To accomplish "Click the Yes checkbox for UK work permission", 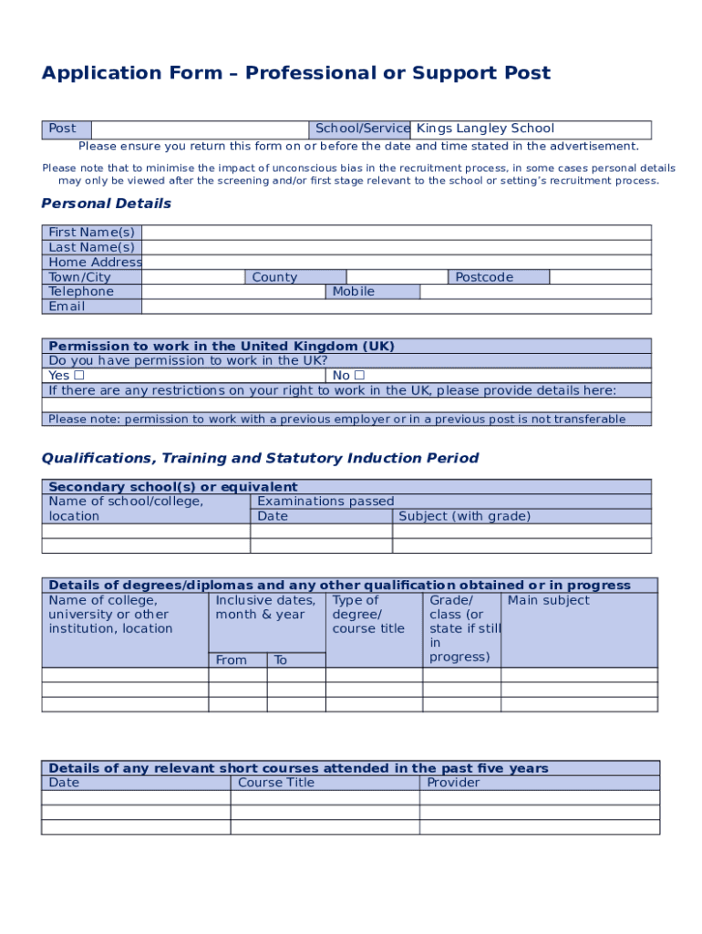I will pos(79,376).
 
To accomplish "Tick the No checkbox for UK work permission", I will pos(359,376).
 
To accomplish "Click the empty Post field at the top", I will pos(200,130).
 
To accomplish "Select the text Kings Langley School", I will pos(485,129).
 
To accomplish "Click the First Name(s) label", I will pos(91,233).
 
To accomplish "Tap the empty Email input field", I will pos(397,306).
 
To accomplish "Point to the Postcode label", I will pos(484,277).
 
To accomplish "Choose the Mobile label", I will pos(353,292).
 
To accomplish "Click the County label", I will pos(274,277).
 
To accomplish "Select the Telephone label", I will pos(81,292).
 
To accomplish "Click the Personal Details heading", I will pos(106,203).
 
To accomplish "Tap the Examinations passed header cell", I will pos(325,502).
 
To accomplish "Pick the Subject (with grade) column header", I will pos(464,516).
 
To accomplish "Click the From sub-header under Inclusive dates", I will pos(231,660).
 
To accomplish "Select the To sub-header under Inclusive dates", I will pos(281,660).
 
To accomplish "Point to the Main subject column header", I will pos(548,600).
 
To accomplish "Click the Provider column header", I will pos(453,783).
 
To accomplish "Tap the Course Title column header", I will pos(275,783).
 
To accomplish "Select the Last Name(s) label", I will pos(91,247).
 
